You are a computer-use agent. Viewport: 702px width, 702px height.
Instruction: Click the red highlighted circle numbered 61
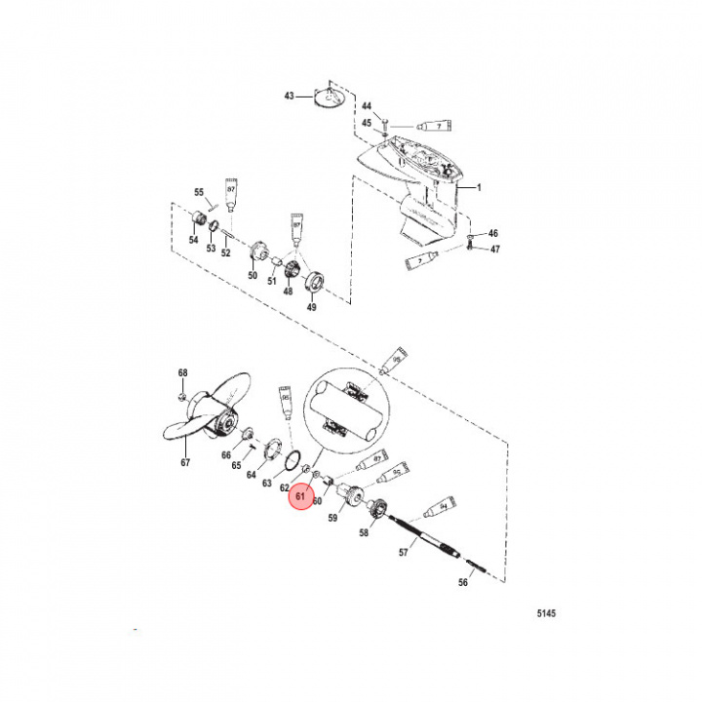pos(300,497)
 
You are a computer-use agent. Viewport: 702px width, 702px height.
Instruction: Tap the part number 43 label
pos(289,97)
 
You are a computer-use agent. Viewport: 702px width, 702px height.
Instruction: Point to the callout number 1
pos(479,185)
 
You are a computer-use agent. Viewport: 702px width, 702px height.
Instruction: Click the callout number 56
pos(464,582)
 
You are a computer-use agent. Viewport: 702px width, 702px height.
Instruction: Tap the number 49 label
pos(311,307)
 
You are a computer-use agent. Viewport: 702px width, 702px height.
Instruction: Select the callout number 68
pos(182,373)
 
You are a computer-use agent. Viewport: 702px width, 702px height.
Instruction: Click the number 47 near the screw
pos(493,251)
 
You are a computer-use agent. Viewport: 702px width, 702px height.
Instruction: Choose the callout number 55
pos(198,192)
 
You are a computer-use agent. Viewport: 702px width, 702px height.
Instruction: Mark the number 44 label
pos(367,105)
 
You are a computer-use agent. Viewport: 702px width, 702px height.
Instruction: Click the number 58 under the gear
pos(365,533)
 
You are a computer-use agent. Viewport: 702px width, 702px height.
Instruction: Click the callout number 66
pos(225,455)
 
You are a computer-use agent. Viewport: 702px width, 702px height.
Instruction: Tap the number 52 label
pos(225,252)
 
